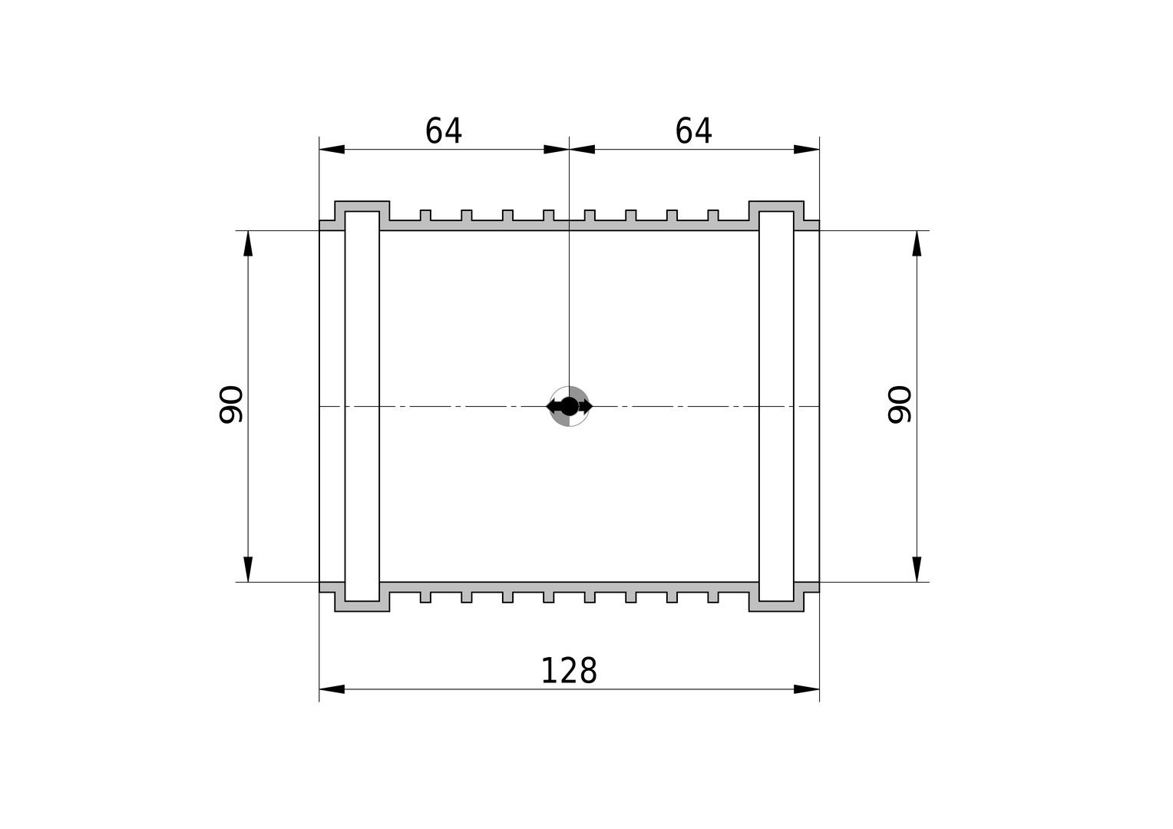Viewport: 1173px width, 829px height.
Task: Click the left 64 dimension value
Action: click(x=444, y=130)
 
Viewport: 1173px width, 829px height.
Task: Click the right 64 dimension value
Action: click(x=693, y=130)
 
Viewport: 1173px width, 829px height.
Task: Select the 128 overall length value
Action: click(x=569, y=671)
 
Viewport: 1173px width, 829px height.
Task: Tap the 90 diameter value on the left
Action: click(x=231, y=405)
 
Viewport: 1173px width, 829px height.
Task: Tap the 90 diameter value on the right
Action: click(x=900, y=405)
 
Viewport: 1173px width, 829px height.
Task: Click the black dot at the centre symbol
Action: click(x=569, y=406)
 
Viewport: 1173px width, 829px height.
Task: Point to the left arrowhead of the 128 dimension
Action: click(x=332, y=689)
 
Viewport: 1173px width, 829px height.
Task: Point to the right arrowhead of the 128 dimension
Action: click(x=806, y=689)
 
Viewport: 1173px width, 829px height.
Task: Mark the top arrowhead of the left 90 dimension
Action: click(x=248, y=243)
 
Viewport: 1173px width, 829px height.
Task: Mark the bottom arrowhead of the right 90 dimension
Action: click(x=917, y=569)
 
